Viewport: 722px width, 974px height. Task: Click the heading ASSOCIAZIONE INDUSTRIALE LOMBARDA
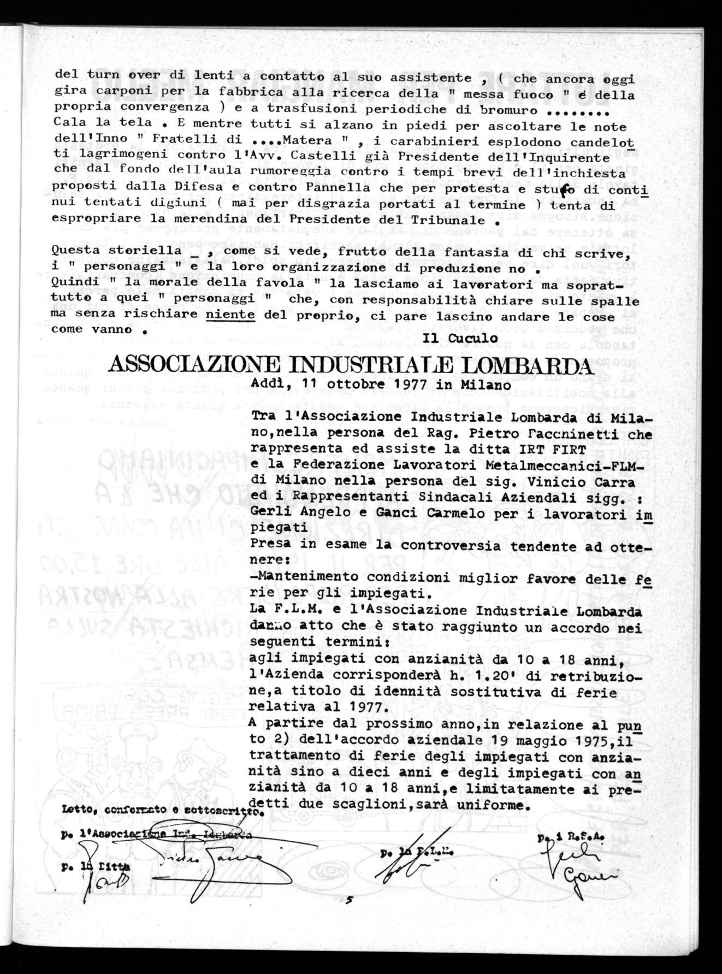[345, 364]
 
